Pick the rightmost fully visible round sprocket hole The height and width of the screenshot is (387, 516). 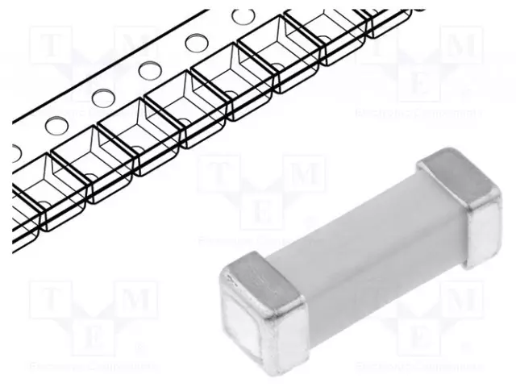click(x=243, y=16)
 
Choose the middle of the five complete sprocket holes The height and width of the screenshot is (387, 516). click(x=148, y=70)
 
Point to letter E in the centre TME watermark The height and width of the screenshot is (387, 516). click(x=260, y=210)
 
